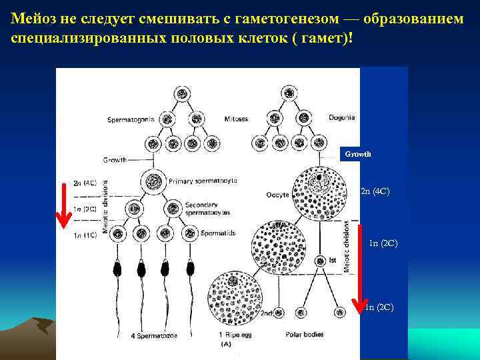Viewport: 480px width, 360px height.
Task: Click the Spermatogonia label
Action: coord(131,119)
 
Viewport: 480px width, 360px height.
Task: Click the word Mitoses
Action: coord(236,119)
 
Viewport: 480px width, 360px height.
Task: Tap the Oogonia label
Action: coord(341,117)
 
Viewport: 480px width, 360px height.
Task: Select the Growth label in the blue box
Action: coord(358,154)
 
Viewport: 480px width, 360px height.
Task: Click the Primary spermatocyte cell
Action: coord(154,181)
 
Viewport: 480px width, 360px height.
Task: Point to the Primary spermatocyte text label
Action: coord(203,181)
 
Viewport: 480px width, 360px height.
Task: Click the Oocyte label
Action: coord(278,195)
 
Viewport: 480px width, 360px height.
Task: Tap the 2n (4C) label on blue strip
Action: coord(375,192)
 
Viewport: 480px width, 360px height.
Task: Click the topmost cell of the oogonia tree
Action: coord(289,93)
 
